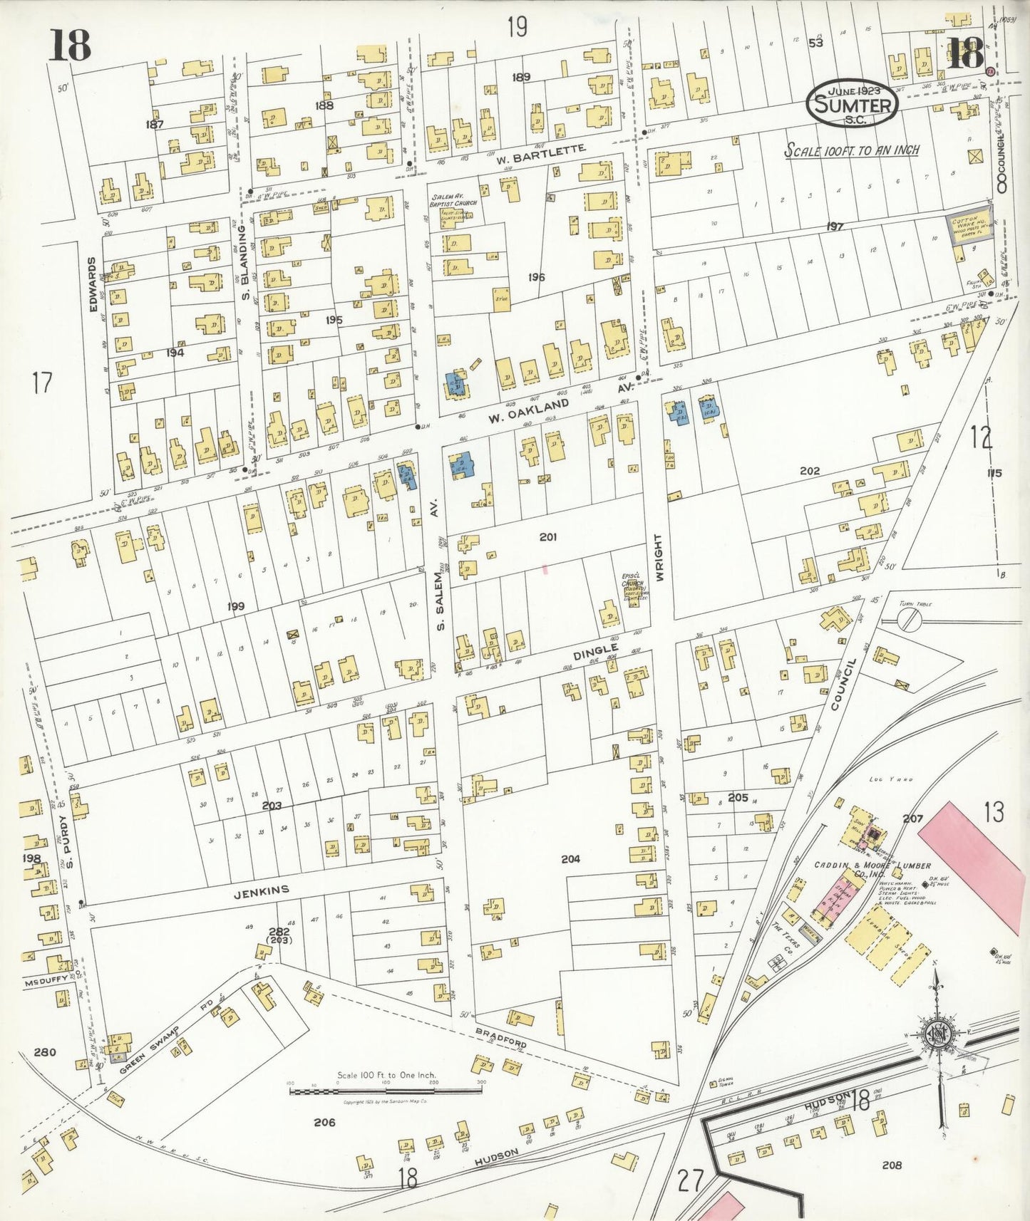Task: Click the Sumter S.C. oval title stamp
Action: click(853, 105)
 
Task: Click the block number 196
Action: click(537, 277)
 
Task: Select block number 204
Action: click(570, 859)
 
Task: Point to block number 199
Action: click(236, 606)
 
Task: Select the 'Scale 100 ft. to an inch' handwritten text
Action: click(851, 151)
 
